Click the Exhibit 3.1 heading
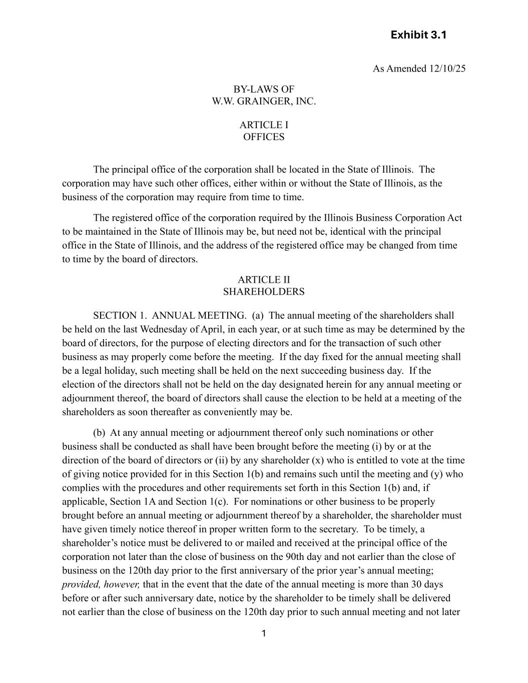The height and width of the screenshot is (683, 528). tap(418, 35)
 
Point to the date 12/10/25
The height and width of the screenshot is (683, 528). tap(447, 69)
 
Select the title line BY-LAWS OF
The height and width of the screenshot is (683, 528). tap(264, 90)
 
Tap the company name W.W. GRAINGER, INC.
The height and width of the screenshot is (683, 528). tap(264, 102)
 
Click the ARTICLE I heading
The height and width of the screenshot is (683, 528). tap(264, 125)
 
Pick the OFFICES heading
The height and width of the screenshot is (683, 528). tap(264, 137)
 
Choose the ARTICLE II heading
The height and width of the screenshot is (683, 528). tap(264, 280)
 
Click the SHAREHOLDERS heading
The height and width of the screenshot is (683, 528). tap(264, 292)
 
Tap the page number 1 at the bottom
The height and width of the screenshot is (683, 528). tap(264, 634)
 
